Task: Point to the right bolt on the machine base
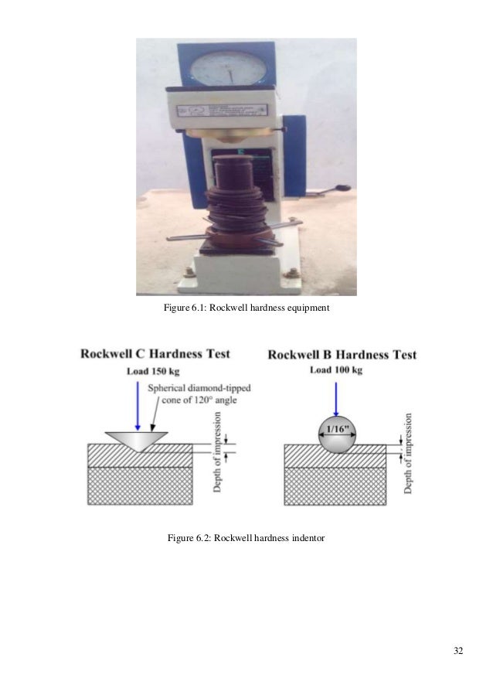291,272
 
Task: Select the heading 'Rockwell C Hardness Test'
155,354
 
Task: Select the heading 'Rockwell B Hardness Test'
342,355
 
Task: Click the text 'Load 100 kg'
336,371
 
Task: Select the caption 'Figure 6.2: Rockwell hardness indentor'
246,537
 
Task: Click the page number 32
458,651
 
